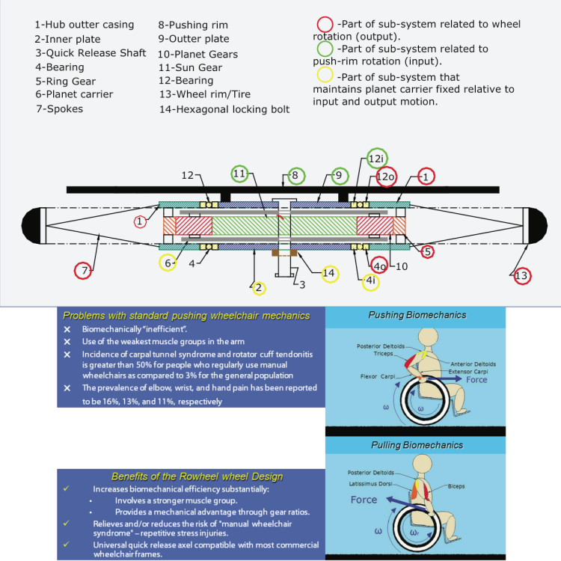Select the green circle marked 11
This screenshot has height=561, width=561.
coord(239,174)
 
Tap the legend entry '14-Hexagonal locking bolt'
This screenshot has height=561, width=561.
coord(224,110)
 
